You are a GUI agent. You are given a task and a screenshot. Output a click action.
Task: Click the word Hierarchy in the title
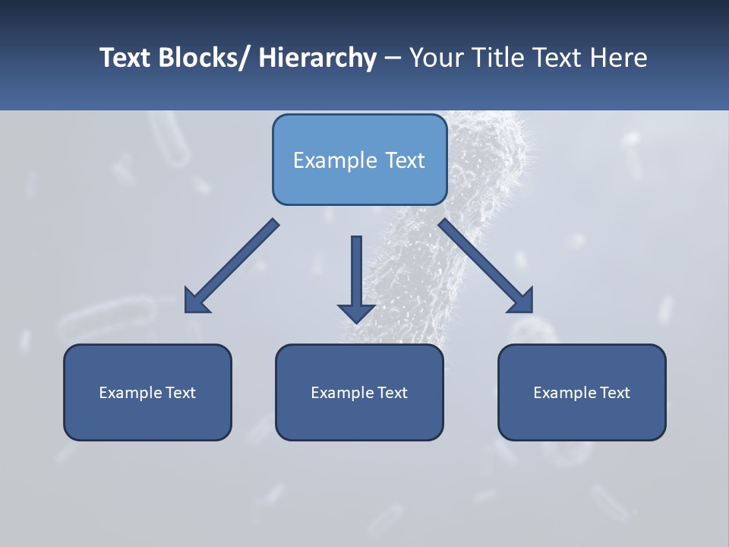click(x=317, y=58)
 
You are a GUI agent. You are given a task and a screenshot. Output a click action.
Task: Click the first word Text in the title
click(x=126, y=58)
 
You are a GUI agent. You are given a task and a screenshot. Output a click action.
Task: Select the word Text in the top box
click(x=403, y=160)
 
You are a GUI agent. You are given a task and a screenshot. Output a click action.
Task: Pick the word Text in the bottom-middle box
click(x=391, y=393)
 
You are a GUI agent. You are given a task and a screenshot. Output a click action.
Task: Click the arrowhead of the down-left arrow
click(x=196, y=302)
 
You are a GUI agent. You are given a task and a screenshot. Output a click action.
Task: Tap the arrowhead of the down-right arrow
click(x=521, y=301)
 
